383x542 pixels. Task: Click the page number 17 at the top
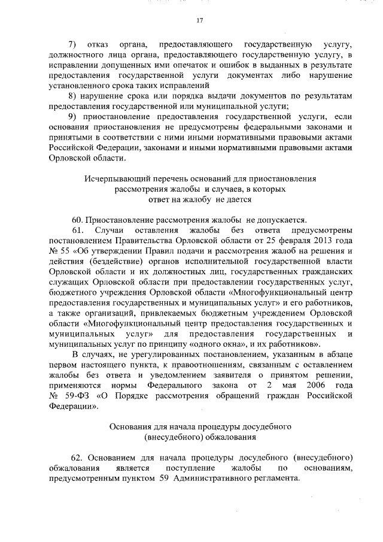200,20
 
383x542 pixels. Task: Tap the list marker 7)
72,45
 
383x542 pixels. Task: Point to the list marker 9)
72,117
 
